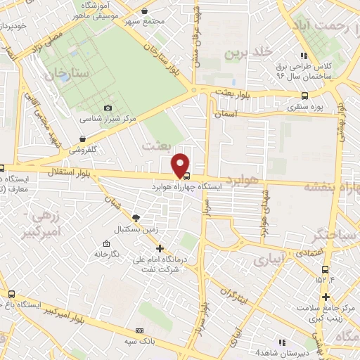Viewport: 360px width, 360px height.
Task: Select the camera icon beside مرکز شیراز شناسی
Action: coord(108,108)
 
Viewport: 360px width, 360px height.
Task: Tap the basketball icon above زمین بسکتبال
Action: coord(136,218)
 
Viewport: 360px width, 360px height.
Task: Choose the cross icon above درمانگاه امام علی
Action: coord(160,247)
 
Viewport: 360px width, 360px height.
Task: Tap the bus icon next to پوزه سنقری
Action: coord(304,96)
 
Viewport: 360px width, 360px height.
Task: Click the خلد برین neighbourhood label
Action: coord(248,53)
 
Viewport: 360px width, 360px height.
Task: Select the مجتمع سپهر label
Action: coord(144,22)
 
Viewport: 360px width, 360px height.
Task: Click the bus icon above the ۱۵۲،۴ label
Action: coord(324,269)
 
